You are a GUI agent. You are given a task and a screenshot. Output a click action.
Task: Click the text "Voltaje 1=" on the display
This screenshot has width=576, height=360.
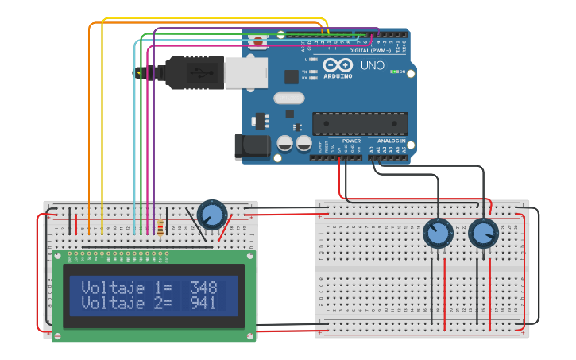coord(126,288)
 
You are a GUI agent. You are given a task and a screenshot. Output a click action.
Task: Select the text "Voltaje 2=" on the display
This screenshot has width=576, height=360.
coord(126,303)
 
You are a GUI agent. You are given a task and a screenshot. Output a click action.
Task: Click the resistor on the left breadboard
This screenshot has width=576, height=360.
coord(161,228)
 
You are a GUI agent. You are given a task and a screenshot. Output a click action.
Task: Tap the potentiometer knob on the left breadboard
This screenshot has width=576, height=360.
coord(211,215)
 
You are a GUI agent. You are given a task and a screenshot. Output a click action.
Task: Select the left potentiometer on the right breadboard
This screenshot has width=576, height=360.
coord(437,234)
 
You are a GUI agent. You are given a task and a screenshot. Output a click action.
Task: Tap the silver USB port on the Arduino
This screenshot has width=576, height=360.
coord(245,72)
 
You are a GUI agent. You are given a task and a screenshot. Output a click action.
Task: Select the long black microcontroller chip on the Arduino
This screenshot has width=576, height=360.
coord(360,124)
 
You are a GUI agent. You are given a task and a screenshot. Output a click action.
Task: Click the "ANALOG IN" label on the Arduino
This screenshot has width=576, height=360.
coord(391,141)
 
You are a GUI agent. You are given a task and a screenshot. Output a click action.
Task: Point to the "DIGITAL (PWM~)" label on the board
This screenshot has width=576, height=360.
coord(370,50)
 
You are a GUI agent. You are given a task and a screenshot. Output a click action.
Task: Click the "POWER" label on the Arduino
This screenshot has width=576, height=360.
coord(351,141)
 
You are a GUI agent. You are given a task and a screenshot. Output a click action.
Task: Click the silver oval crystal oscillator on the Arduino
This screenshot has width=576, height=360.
coord(288,99)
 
